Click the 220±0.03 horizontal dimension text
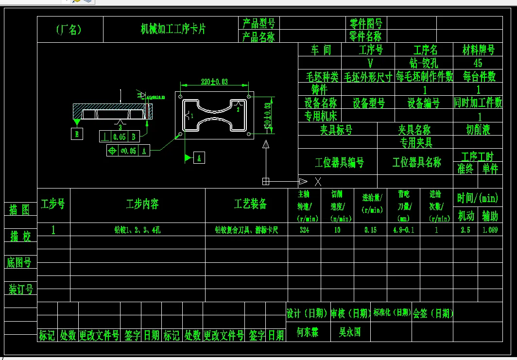coord(214,82)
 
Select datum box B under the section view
coord(76,134)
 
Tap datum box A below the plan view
coord(199,157)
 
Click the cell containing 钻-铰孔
coord(424,63)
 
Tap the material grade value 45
coord(478,63)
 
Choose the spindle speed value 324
coord(305,230)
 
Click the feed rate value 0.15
coord(370,230)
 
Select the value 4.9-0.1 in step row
coord(403,230)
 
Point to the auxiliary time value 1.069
coord(490,230)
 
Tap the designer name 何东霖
coord(307,332)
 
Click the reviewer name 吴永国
coord(349,332)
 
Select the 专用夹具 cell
coord(415,142)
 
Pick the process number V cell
coord(370,63)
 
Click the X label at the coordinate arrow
coord(318,181)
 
